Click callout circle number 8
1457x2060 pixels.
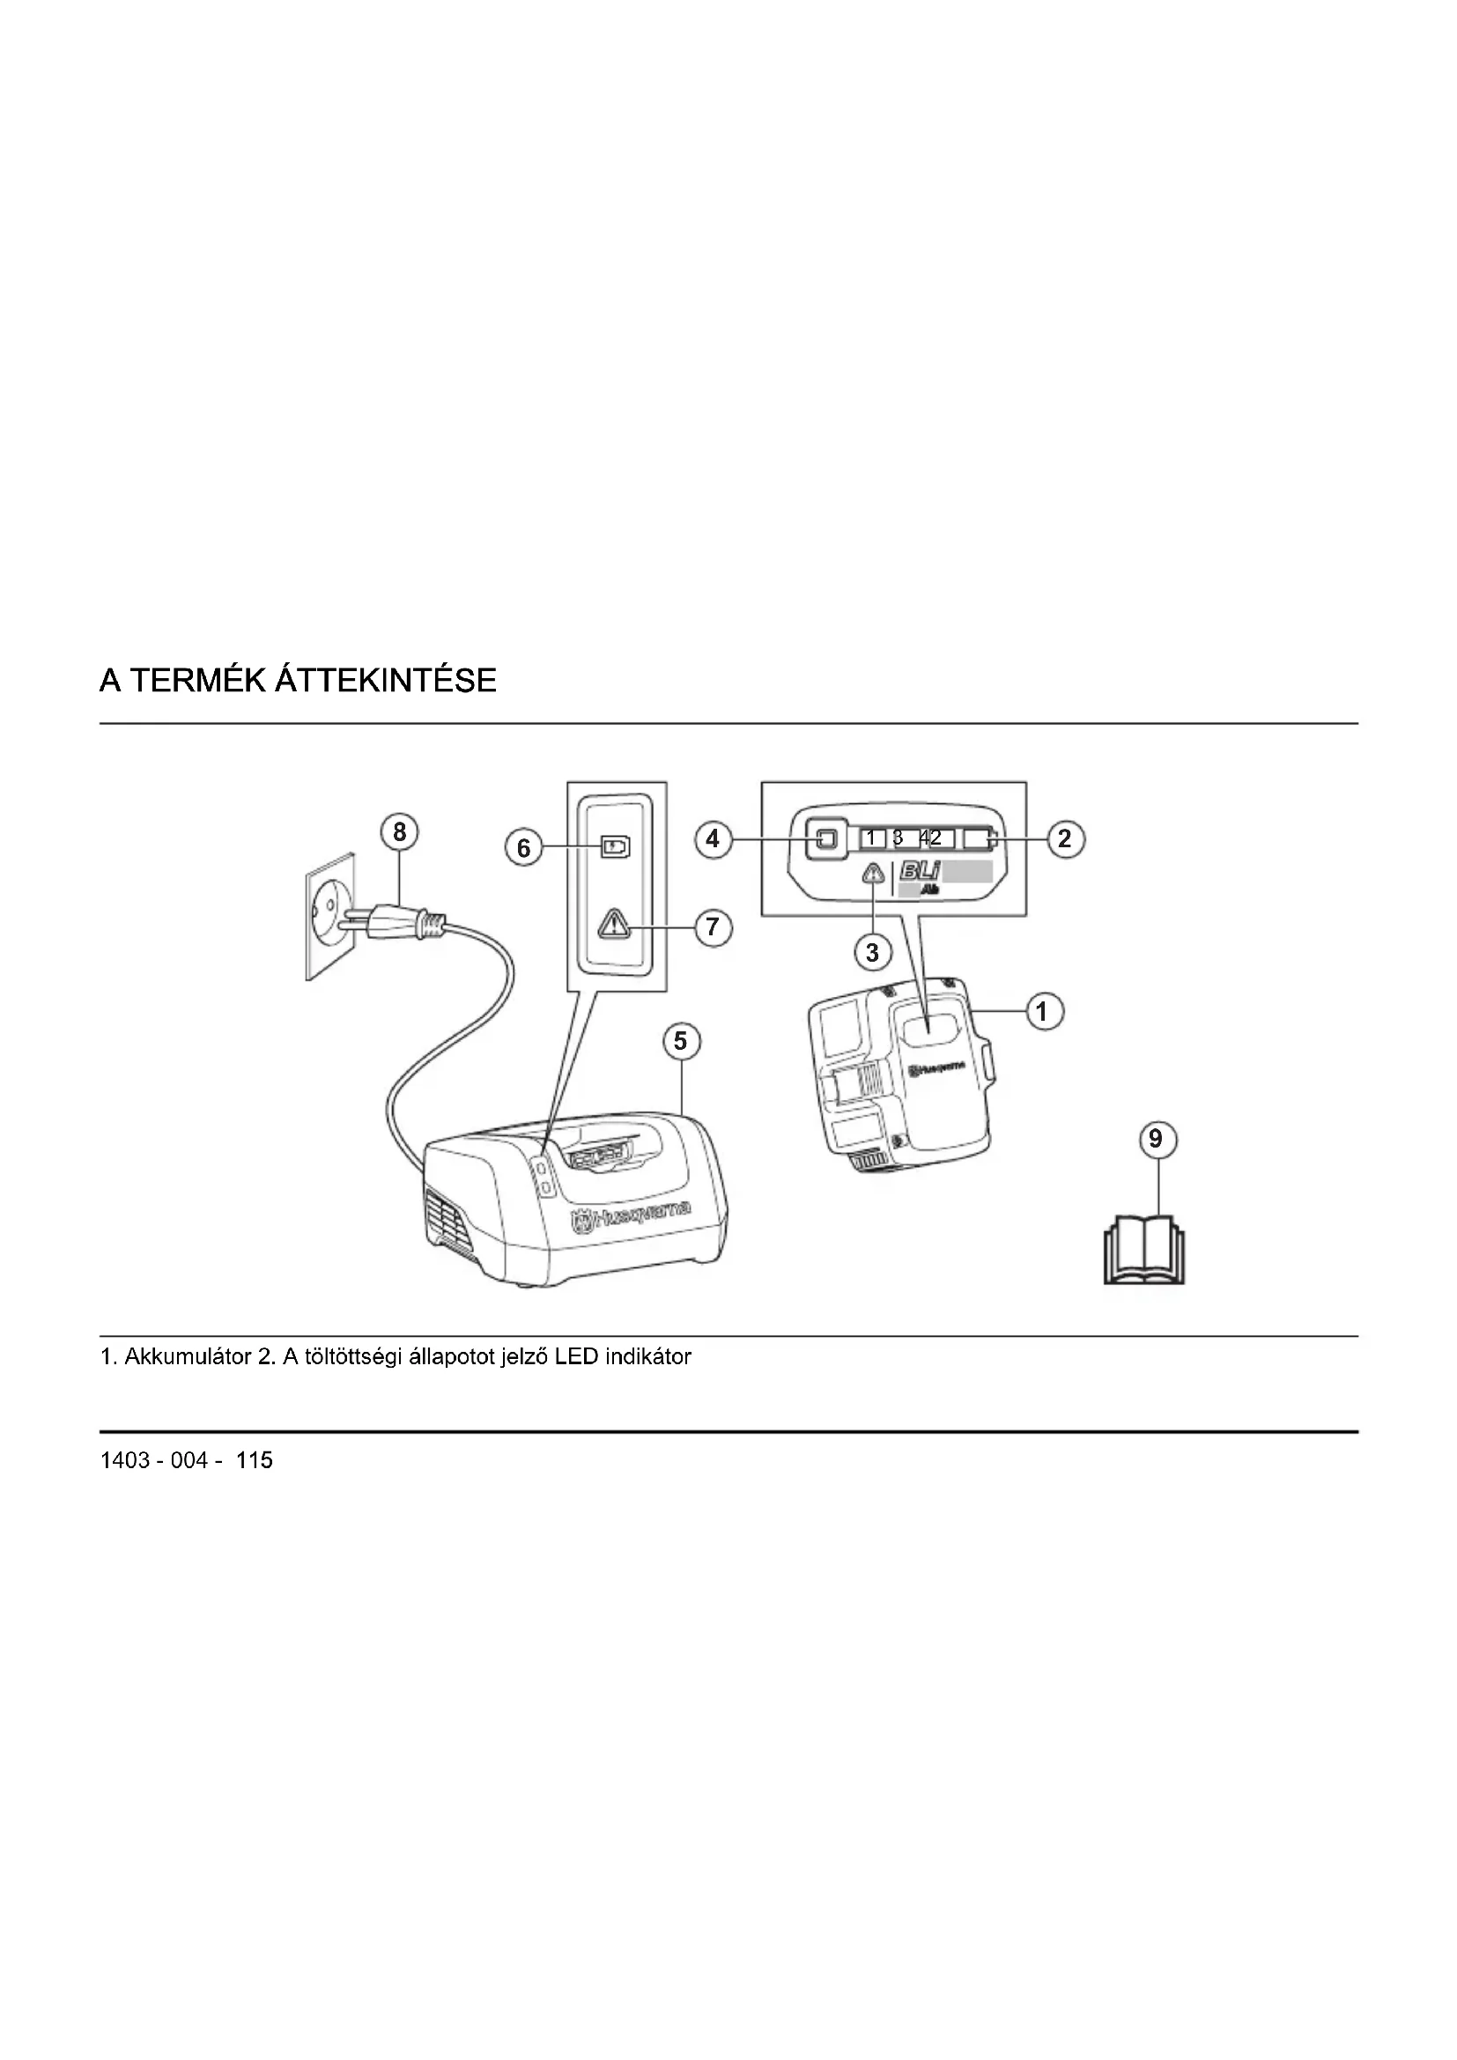(399, 832)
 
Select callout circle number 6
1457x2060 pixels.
(524, 848)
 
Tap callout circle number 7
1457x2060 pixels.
(714, 926)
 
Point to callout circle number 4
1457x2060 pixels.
(714, 840)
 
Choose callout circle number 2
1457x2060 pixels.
(1065, 839)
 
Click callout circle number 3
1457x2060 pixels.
(872, 952)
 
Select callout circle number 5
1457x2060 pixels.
(680, 1041)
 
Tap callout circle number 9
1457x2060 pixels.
(1156, 1140)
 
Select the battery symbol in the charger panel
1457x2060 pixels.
(616, 847)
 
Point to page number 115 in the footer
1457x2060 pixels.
(255, 1460)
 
